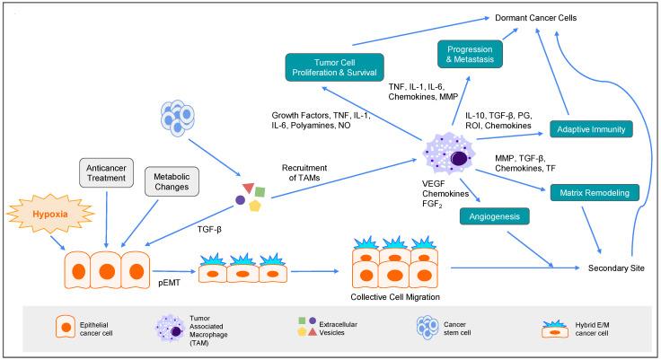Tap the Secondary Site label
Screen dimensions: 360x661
(618, 268)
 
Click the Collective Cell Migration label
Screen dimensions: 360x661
(392, 297)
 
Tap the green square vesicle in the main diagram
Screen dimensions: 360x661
(259, 191)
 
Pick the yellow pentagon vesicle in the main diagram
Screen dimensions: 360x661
(255, 206)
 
